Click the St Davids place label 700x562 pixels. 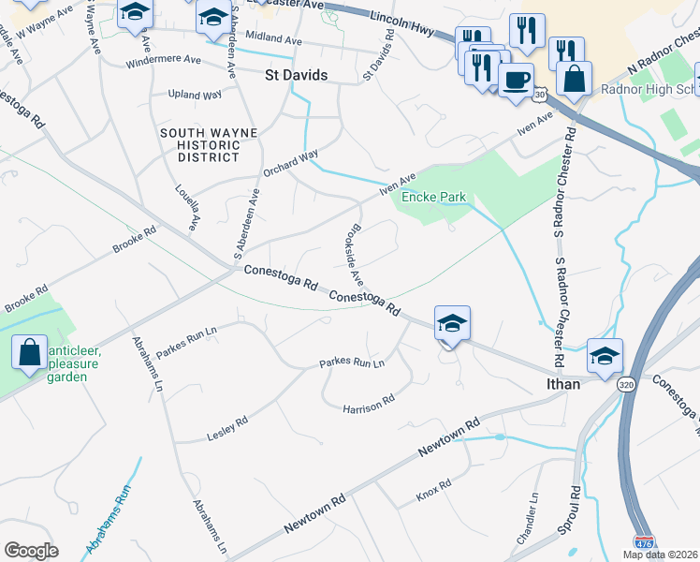[296, 75]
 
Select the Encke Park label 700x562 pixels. [433, 198]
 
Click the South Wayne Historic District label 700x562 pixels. [208, 145]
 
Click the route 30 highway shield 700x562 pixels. [540, 95]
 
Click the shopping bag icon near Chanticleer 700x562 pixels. [30, 352]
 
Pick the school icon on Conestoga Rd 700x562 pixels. [452, 324]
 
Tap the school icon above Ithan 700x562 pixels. [605, 356]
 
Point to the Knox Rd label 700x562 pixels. [433, 489]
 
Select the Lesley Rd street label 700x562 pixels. [226, 428]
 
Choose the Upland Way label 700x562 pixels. [194, 95]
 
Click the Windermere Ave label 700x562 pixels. [165, 60]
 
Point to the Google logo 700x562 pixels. [31, 551]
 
